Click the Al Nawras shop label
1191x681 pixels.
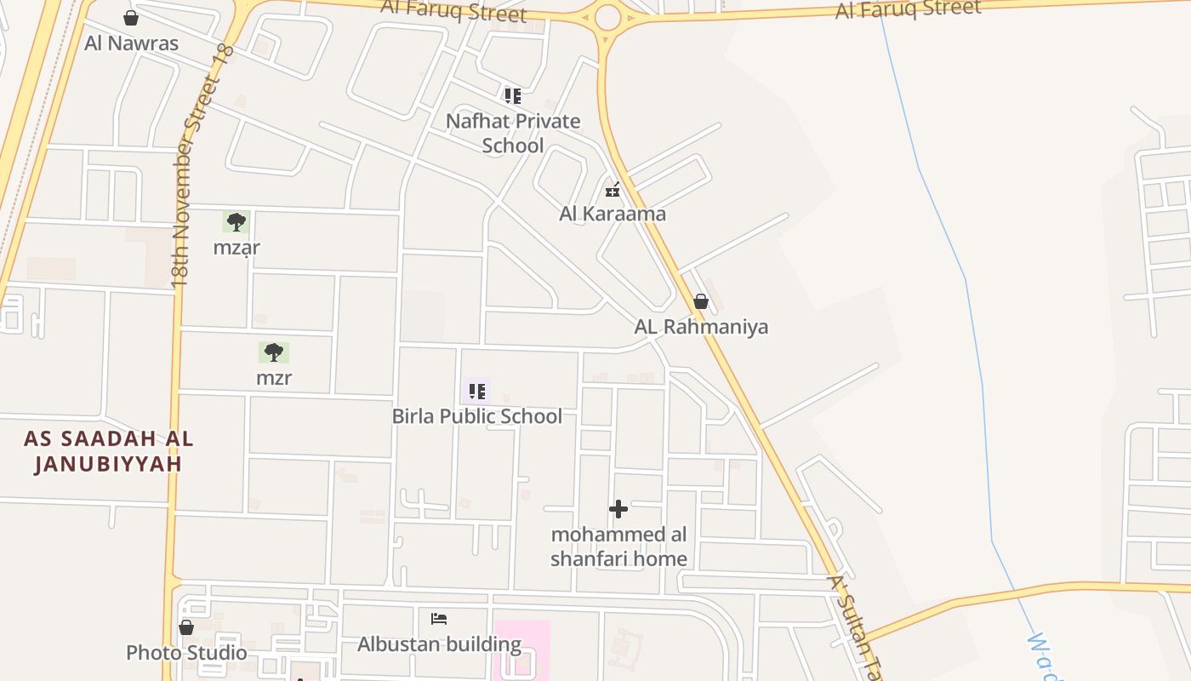click(131, 43)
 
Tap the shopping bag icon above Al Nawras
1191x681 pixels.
click(131, 18)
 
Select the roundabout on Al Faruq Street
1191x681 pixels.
click(607, 17)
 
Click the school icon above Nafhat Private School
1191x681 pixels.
click(512, 95)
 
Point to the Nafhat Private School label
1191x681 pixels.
click(513, 133)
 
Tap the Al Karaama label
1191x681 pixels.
click(613, 214)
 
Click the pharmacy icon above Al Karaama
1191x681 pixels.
click(613, 190)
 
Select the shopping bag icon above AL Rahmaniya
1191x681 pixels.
click(701, 301)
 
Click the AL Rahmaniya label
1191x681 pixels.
click(701, 326)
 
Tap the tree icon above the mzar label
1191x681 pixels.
click(236, 222)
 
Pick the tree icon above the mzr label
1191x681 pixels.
click(273, 352)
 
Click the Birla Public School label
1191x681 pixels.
click(476, 416)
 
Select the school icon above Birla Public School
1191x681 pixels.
click(477, 392)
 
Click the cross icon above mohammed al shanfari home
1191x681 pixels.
click(618, 509)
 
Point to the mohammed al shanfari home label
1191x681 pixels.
click(618, 547)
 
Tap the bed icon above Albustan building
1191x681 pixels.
click(439, 618)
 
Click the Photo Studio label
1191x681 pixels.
click(186, 653)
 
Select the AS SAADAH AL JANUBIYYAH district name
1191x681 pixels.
click(108, 451)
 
